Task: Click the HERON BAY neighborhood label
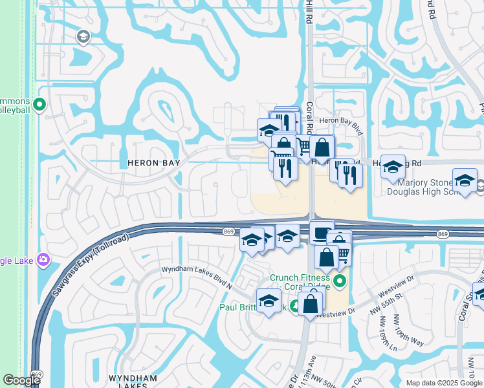coord(153,164)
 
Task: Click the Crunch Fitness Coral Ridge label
coord(300,282)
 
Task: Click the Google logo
coord(21,380)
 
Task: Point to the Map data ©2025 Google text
coord(444,383)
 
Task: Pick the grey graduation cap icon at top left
coord(83,38)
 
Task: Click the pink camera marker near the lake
coord(43,260)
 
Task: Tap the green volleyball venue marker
coord(39,103)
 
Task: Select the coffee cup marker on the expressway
coord(321,231)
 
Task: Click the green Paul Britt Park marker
coord(294,306)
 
